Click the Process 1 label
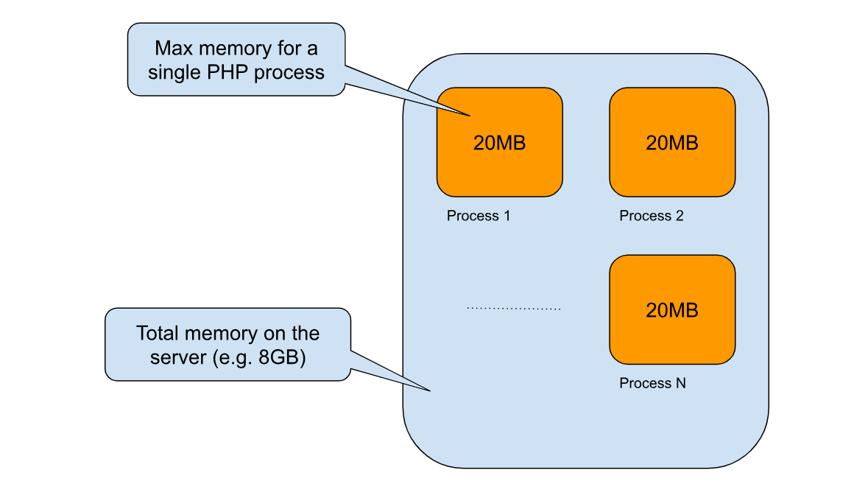coord(479,216)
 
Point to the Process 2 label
coord(652,216)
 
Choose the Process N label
coord(652,383)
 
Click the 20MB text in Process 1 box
coord(499,143)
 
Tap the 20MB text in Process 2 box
coord(672,143)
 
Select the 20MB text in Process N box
coord(672,310)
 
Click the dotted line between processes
coord(514,309)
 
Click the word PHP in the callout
coord(233,72)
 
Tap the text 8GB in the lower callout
coord(280,357)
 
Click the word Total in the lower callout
coord(158,333)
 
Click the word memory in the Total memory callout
coord(222,333)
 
